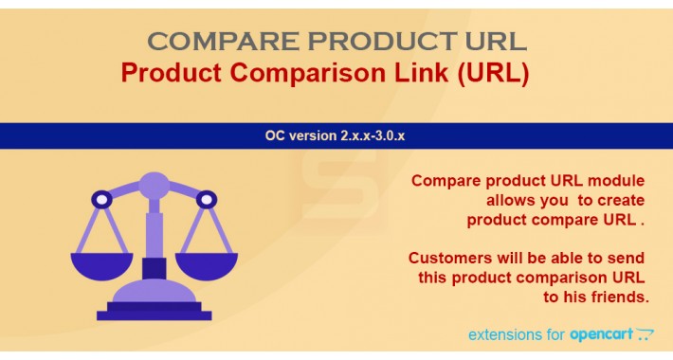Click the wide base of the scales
(154, 311)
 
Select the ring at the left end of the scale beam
(100, 200)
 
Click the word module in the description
(615, 181)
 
